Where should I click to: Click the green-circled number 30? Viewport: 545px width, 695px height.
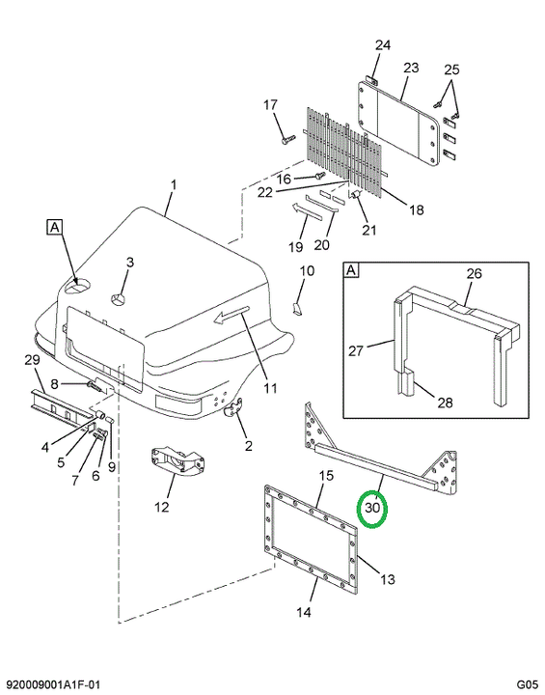click(372, 507)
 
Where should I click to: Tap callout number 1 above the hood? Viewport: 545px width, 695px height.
click(174, 184)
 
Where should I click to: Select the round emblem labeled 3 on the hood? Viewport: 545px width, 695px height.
click(119, 299)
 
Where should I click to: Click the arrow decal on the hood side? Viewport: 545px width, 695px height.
click(232, 315)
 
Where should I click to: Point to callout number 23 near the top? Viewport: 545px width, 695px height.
click(411, 68)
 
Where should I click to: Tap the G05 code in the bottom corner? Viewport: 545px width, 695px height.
click(527, 684)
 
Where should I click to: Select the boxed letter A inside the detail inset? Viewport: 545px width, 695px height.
click(351, 270)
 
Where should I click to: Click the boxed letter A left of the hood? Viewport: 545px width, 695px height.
click(54, 227)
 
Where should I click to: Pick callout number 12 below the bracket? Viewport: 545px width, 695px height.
click(161, 506)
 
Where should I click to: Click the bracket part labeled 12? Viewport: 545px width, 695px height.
click(177, 461)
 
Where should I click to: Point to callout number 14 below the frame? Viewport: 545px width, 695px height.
click(304, 612)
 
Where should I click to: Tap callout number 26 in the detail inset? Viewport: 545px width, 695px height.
click(474, 273)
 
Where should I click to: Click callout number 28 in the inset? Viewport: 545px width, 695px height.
click(445, 402)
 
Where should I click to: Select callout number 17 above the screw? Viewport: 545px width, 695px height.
click(270, 105)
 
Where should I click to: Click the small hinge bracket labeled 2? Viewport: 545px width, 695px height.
click(233, 408)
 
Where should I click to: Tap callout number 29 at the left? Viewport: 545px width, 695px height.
click(32, 360)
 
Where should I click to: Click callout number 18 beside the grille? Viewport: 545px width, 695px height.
click(416, 209)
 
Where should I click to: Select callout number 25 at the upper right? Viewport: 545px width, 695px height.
click(451, 69)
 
